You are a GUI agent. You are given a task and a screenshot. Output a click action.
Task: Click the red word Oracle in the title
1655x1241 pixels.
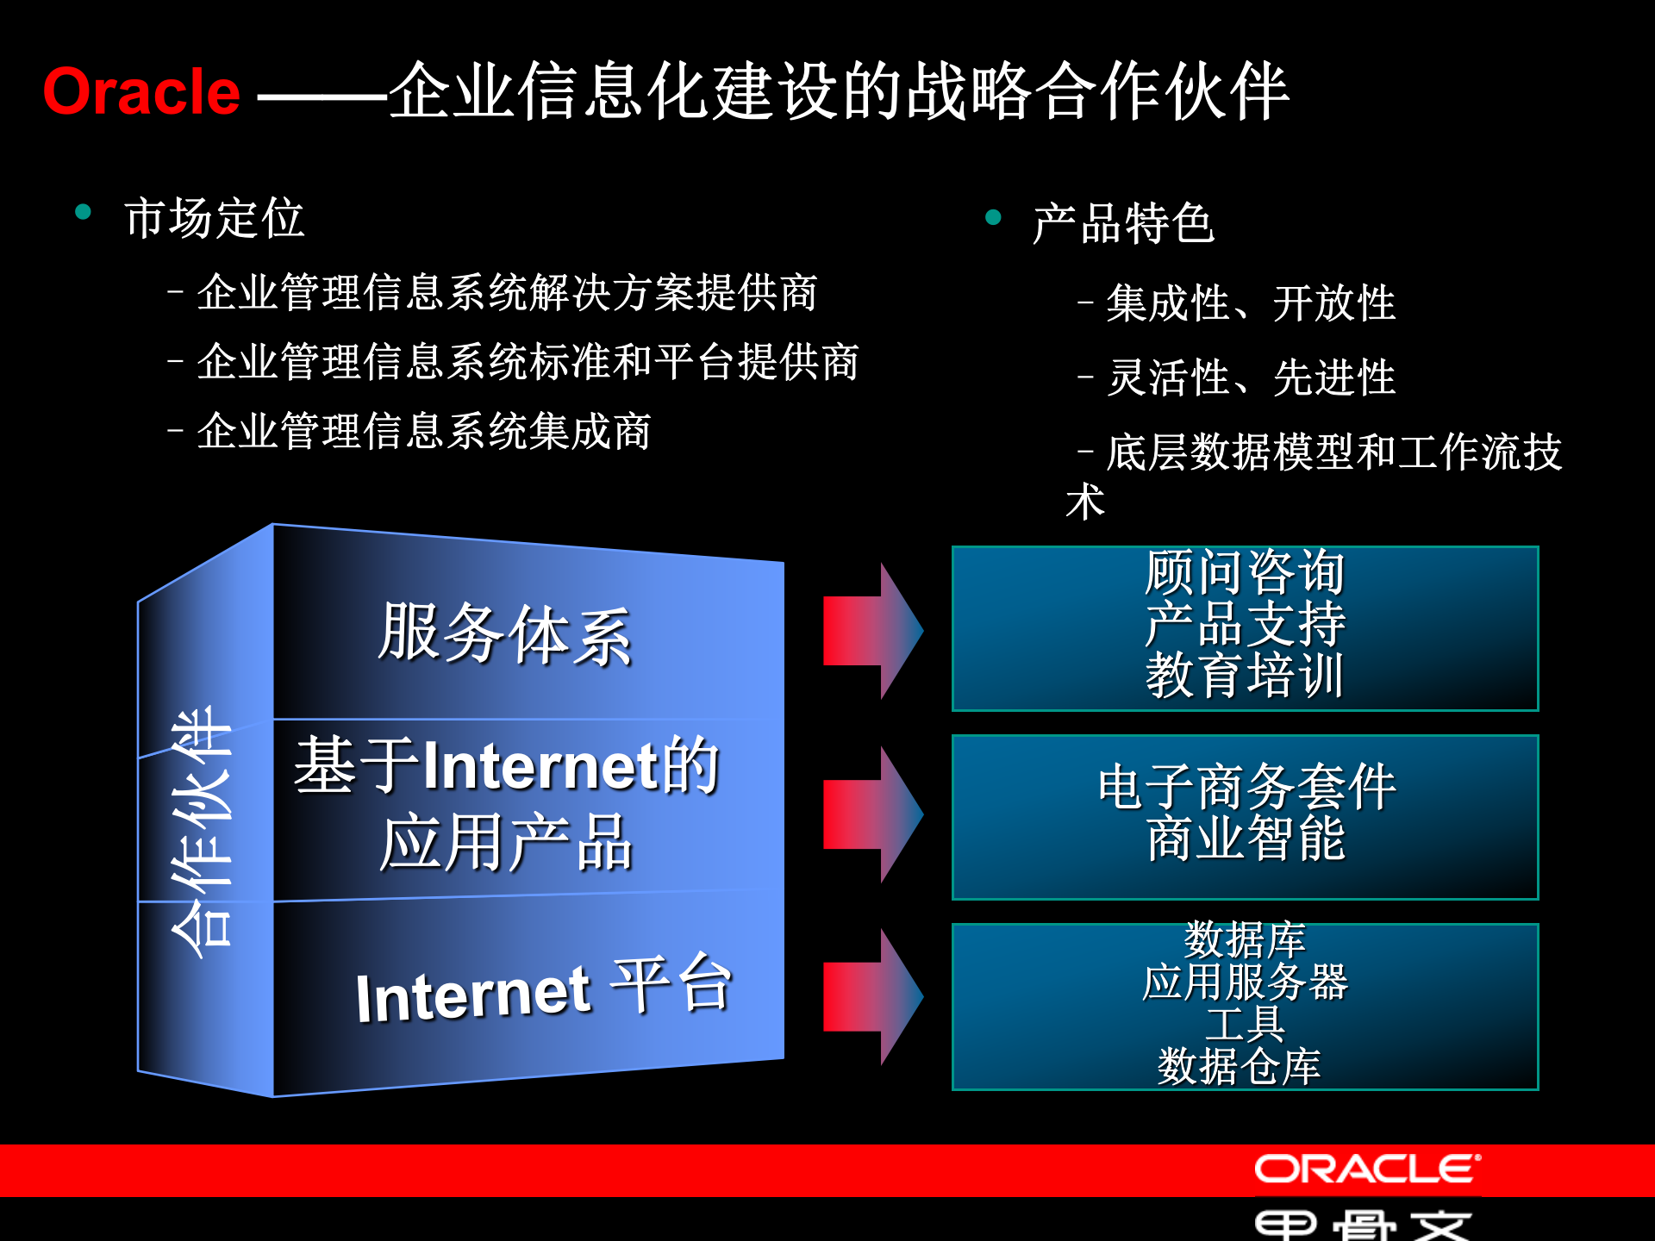tap(141, 92)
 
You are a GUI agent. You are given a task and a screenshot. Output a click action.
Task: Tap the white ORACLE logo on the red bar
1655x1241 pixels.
tap(1366, 1169)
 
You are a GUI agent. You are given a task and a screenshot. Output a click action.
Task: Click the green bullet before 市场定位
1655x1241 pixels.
tap(84, 212)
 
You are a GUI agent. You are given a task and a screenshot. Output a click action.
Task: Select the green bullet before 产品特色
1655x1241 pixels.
tap(993, 217)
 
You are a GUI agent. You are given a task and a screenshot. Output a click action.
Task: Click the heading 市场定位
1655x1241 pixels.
tap(214, 218)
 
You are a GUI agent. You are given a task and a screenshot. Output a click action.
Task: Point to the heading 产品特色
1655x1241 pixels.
tap(1123, 224)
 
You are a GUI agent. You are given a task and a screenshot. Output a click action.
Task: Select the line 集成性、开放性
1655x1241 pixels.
tap(1250, 303)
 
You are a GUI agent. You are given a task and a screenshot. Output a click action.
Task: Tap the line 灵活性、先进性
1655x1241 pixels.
tap(1250, 377)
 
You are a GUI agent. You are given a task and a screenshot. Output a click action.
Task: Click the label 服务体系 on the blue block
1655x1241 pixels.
tap(505, 634)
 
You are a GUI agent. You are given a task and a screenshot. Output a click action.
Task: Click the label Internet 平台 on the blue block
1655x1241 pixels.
tap(543, 991)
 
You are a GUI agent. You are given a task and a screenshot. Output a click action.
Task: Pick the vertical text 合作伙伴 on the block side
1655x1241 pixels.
tap(202, 832)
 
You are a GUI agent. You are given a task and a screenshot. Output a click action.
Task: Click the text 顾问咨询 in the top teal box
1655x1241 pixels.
tap(1245, 572)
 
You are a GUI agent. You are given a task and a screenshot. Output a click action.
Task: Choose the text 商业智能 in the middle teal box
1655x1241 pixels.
tap(1245, 838)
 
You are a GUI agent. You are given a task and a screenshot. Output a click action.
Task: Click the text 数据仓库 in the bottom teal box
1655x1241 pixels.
tap(1239, 1067)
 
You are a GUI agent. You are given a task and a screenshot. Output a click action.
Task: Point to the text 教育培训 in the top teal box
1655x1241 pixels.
tap(1245, 676)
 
